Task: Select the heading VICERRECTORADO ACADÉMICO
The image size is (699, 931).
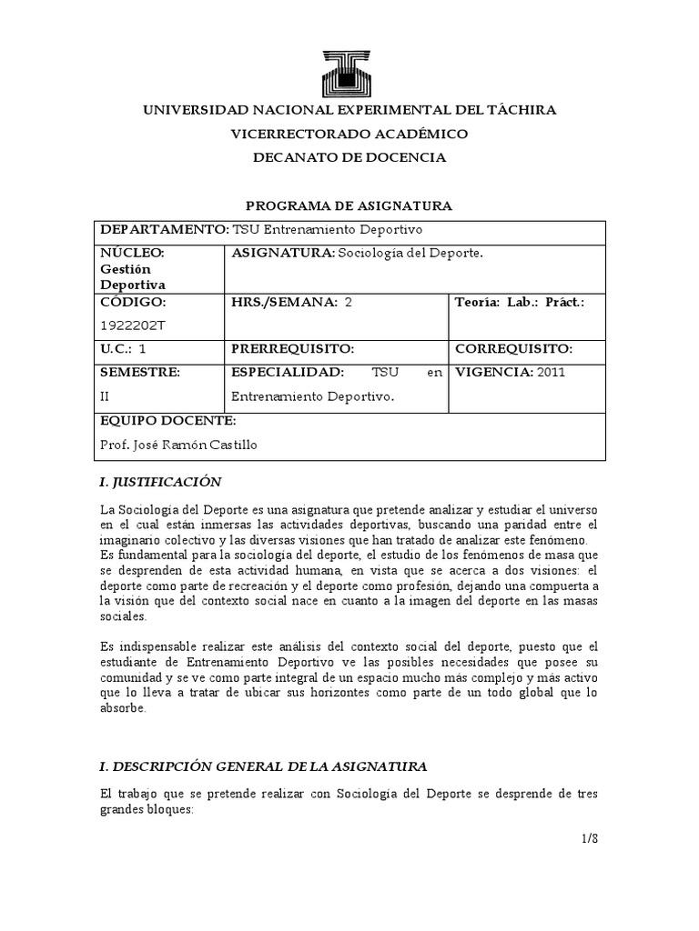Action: coord(349,134)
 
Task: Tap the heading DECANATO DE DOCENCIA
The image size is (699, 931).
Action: coord(349,157)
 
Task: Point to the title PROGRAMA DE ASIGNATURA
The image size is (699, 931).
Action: coord(349,205)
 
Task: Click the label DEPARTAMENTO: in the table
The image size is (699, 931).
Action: coord(164,229)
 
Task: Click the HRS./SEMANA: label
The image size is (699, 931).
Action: coord(284,302)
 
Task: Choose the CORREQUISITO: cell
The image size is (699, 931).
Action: coord(512,348)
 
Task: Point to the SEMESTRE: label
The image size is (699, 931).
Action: coord(140,372)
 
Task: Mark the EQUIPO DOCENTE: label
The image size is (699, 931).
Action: coord(167,421)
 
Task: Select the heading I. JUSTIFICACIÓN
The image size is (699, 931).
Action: coord(160,481)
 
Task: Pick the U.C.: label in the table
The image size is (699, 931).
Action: coord(120,348)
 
